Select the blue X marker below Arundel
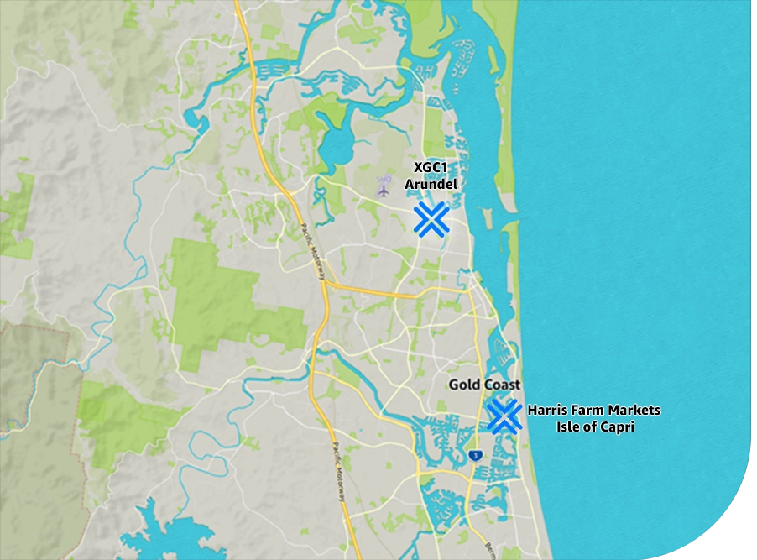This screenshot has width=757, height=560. tap(431, 219)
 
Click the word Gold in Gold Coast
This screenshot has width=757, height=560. tap(463, 385)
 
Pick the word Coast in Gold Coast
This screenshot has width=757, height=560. tap(501, 385)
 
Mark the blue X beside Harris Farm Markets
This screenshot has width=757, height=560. tap(504, 416)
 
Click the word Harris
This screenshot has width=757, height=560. tap(546, 411)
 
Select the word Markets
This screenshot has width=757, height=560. tap(633, 411)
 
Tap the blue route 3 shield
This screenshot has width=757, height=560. tap(476, 455)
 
